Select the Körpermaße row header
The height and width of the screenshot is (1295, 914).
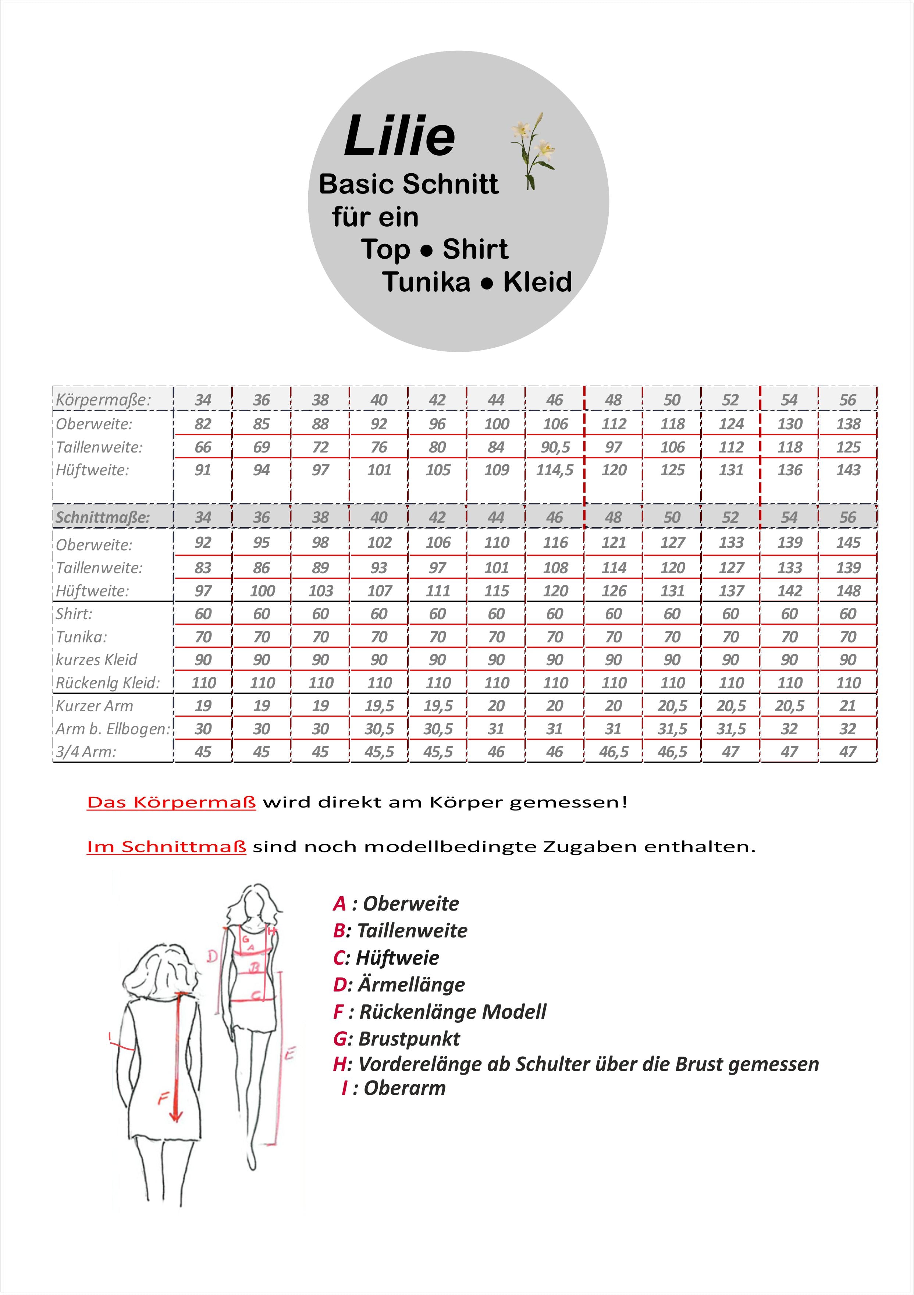click(103, 400)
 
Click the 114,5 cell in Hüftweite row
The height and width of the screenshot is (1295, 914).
click(554, 470)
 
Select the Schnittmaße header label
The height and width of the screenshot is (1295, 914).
click(103, 517)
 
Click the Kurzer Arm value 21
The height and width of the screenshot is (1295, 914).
click(847, 706)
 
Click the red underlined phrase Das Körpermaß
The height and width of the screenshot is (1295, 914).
click(171, 802)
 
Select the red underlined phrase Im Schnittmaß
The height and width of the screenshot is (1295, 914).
click(166, 847)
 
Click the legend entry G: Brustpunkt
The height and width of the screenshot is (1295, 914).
click(396, 1038)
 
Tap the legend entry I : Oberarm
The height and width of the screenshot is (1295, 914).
click(393, 1088)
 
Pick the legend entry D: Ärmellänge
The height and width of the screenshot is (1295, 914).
click(399, 984)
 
